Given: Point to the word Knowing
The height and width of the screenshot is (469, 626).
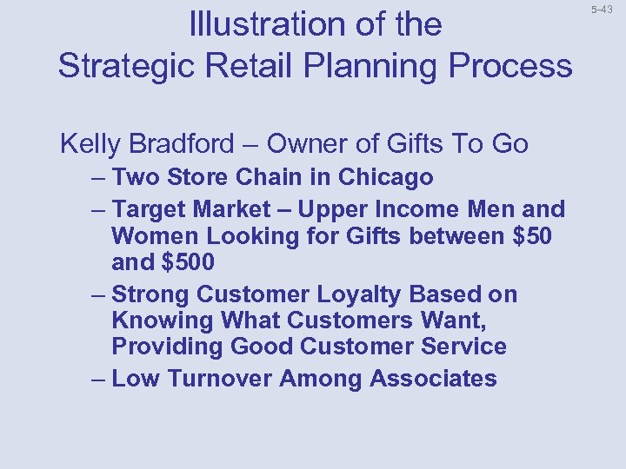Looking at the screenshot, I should (x=163, y=320).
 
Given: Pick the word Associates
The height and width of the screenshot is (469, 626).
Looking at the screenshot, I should (x=433, y=379).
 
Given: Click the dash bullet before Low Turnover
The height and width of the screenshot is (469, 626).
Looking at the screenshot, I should (x=97, y=379).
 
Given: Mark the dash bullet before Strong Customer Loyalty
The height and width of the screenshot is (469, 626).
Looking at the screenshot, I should (x=97, y=294).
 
